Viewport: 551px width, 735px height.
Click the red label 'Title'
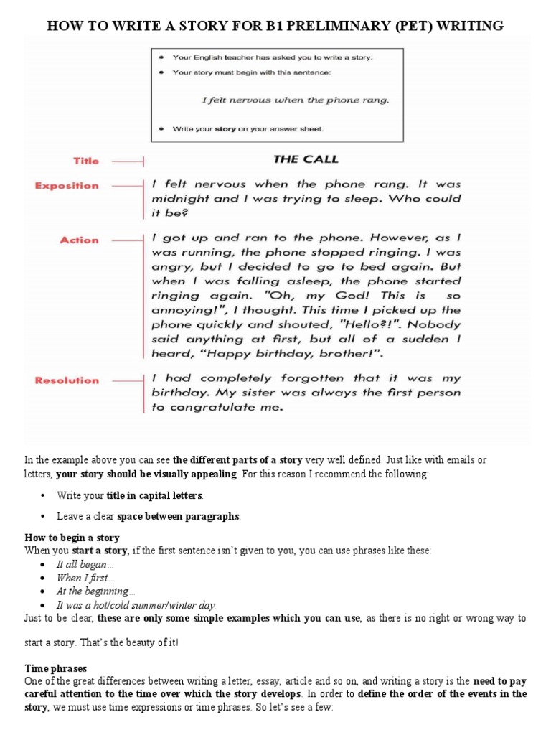pos(85,161)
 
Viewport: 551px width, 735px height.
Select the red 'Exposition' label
pos(67,186)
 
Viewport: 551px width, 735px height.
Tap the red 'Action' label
pos(79,240)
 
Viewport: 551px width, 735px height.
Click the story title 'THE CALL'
pos(305,159)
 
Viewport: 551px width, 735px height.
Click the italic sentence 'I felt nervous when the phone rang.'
pos(296,100)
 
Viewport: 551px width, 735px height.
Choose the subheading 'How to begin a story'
pos(72,538)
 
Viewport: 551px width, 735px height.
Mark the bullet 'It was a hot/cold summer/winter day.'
pos(136,604)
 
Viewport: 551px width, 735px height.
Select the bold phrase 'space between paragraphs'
pos(179,516)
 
